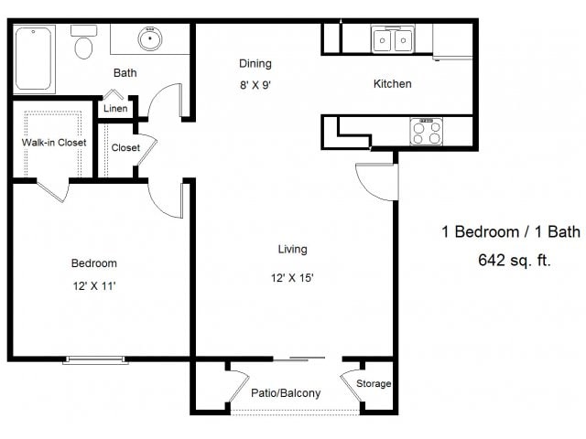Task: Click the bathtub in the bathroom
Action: click(34, 59)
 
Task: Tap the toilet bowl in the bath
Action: click(83, 48)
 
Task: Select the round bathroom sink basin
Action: click(150, 38)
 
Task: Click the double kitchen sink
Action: click(393, 39)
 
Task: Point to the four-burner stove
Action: click(427, 132)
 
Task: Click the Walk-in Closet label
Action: click(54, 143)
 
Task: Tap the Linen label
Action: click(115, 108)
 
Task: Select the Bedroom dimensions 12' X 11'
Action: click(94, 286)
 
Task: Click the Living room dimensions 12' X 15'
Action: click(292, 278)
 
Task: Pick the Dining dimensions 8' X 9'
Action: click(255, 85)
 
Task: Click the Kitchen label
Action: click(393, 83)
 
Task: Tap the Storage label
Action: click(374, 383)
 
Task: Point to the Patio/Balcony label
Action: click(286, 392)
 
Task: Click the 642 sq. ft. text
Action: click(515, 260)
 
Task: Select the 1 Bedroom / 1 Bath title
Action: click(511, 231)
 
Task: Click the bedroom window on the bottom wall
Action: click(95, 359)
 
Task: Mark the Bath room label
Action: click(125, 73)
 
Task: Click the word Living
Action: click(293, 250)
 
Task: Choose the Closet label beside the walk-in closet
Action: click(125, 148)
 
